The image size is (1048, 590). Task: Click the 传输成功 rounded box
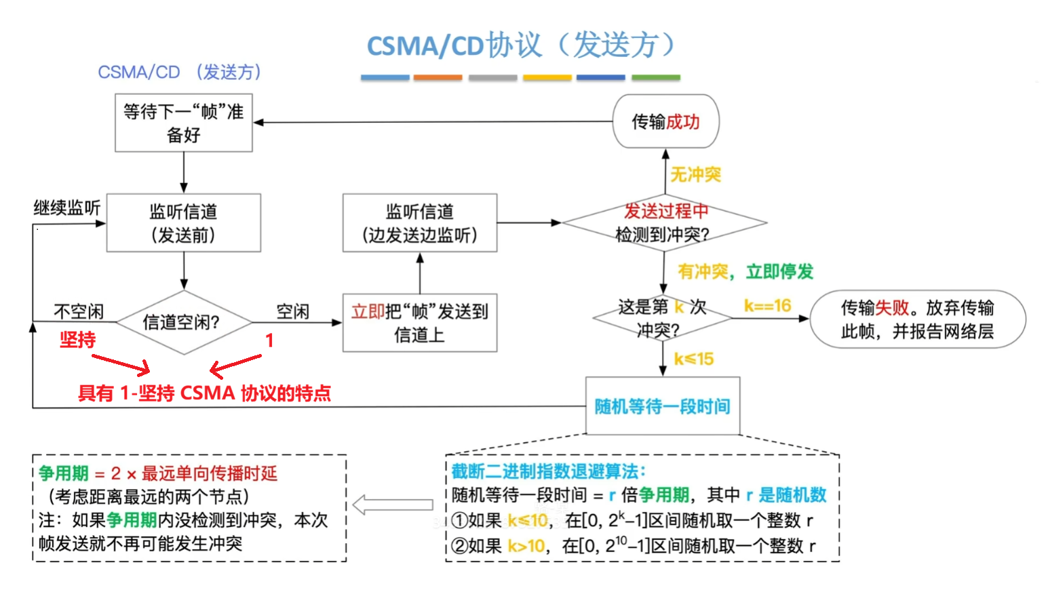(665, 121)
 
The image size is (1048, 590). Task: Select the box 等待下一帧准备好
(183, 123)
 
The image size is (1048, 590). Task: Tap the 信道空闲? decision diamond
(182, 322)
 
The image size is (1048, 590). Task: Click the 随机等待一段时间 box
(662, 406)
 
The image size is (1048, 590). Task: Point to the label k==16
(767, 306)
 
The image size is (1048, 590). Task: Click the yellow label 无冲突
(695, 175)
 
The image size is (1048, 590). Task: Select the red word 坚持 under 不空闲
(77, 340)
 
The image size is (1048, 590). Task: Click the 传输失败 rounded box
(917, 319)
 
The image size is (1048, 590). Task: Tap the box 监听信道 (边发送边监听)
(420, 223)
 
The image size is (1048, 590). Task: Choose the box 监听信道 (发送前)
(183, 223)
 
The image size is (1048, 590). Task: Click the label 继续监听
(67, 208)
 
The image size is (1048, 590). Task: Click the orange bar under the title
(438, 77)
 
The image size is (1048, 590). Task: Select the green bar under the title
(655, 77)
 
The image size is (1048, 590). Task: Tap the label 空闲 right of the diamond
(293, 311)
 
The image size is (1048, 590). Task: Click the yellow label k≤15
(693, 359)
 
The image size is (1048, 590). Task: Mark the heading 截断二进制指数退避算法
(548, 471)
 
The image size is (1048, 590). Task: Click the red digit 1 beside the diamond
(269, 340)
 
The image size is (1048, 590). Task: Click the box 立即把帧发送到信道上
(420, 323)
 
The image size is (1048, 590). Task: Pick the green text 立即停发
(779, 272)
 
